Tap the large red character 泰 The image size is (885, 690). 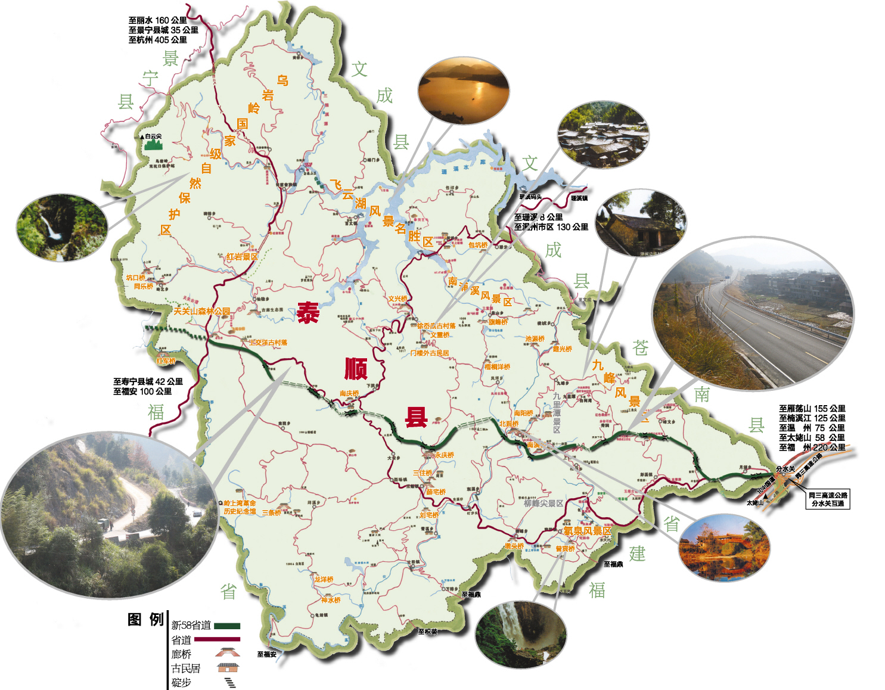coord(308,312)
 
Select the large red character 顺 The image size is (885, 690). coord(356,368)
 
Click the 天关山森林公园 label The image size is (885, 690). coord(201,310)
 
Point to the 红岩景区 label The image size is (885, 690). coord(241,257)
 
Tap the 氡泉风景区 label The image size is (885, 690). coord(588,530)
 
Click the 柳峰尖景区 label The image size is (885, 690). coord(544,503)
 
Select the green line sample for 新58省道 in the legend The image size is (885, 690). coord(226,626)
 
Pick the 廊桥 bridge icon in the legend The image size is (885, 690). coord(228,653)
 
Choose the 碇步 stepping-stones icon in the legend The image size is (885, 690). coord(229,683)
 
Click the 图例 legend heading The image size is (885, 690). coord(145,620)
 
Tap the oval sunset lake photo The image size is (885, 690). coord(464,91)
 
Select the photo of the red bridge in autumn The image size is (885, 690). coord(724,549)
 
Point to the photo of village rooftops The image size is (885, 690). coord(603,135)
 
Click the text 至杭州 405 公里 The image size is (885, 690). coord(157,40)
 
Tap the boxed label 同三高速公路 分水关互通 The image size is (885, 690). coord(828,499)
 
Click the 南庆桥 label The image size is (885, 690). coord(349,393)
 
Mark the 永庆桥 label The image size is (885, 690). coord(445,455)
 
